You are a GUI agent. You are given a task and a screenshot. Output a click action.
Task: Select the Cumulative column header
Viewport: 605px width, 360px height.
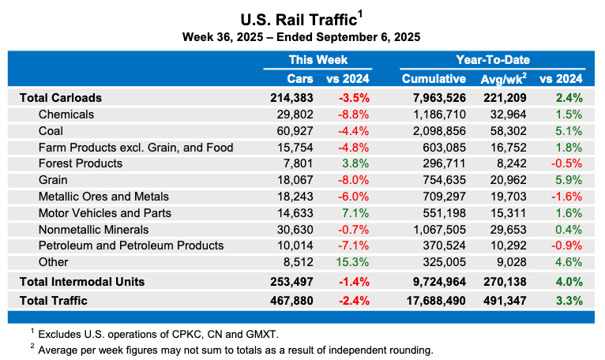[434, 79]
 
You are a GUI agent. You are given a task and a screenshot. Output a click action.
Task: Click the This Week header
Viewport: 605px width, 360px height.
[318, 60]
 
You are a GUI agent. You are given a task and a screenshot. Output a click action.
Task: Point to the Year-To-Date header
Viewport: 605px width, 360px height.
[493, 60]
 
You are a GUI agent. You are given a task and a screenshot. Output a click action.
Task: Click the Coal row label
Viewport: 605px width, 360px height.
[51, 131]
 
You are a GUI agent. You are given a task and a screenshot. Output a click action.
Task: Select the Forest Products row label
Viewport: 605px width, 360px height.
[80, 163]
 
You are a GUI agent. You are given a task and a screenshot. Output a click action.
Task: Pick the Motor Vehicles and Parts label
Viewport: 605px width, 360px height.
[104, 212]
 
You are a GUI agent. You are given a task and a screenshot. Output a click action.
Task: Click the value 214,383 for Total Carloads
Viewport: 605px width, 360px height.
[291, 98]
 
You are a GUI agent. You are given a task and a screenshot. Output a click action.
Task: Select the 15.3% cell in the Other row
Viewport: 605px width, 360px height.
[353, 262]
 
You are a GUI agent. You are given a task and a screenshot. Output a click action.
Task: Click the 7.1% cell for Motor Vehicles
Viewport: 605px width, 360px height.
[356, 212]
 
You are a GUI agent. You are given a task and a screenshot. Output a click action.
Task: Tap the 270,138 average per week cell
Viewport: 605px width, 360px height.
[505, 281]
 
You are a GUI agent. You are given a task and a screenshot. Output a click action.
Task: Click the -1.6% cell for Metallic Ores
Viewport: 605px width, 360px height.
[567, 196]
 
